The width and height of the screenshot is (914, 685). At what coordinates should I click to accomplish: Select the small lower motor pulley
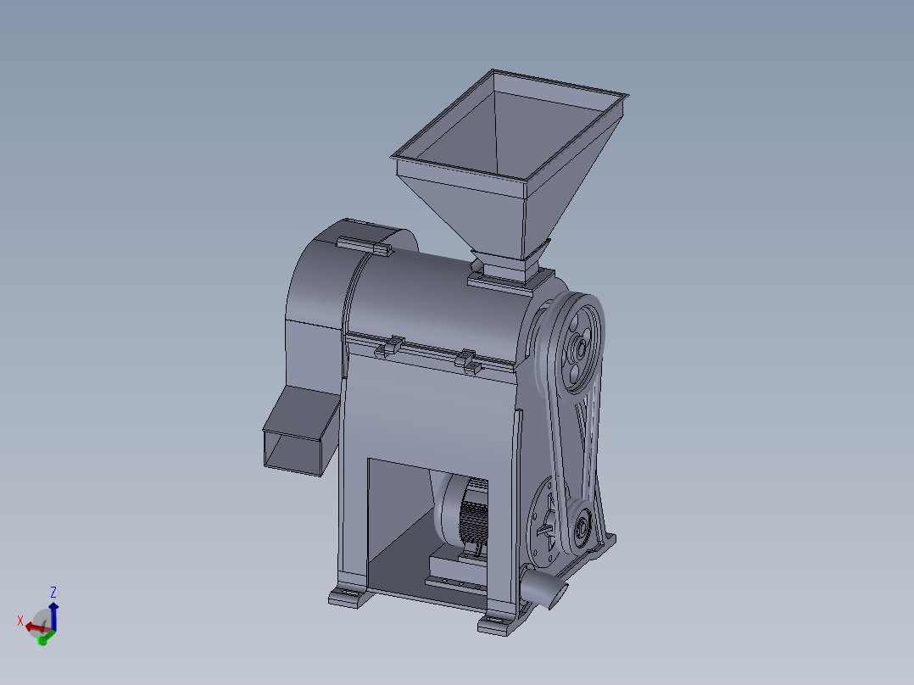(x=582, y=531)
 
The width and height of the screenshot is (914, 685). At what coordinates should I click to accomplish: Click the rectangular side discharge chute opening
(x=293, y=450)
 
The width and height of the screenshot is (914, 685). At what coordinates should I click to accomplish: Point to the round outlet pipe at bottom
(x=543, y=586)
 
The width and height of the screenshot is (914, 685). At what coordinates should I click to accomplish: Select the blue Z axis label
(x=53, y=592)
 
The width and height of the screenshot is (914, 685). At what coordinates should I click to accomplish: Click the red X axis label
(x=20, y=621)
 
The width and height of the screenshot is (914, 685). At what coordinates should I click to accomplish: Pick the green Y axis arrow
(x=43, y=638)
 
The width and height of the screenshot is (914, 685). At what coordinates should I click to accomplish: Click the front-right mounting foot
(x=497, y=626)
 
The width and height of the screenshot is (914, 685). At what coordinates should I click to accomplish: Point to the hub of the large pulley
(x=580, y=348)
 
